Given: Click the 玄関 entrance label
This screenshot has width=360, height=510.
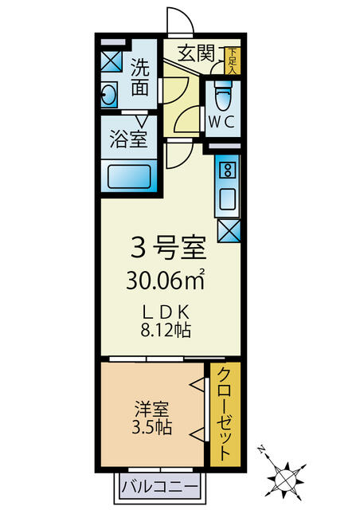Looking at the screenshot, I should tap(196, 54).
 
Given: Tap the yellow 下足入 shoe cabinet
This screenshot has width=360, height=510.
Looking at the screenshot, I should tap(231, 61).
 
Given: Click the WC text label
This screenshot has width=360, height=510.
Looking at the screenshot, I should tap(221, 121).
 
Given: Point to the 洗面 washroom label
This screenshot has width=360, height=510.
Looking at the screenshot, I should tap(141, 76).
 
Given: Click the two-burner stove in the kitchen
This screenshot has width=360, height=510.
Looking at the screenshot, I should tap(227, 169).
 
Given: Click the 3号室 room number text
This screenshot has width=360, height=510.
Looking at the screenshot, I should tap(169, 249).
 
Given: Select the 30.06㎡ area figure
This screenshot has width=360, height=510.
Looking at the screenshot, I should tap(168, 280).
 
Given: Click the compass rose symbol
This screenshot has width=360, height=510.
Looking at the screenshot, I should tap(284, 479).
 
